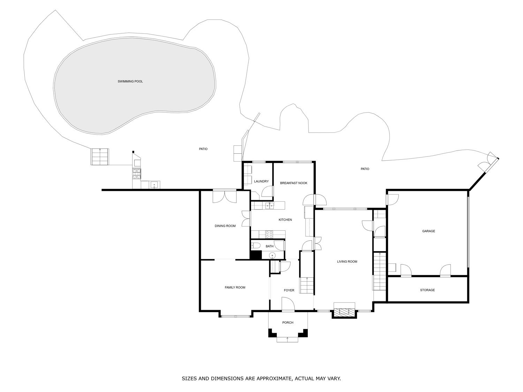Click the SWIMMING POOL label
pos(130,82)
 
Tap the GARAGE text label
pos(429,231)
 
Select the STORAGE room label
pos(427,290)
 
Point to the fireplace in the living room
pos(344,312)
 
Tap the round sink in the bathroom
pos(272,256)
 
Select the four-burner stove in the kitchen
pos(269,235)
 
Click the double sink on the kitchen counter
pos(269,205)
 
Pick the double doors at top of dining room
pos(225,196)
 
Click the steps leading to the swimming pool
pos(100,157)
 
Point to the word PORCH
pos(288,323)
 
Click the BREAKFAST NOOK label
pos(294,183)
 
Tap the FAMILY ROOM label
pos(235,287)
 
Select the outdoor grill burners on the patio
pos(136,173)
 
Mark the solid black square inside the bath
pos(256,255)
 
